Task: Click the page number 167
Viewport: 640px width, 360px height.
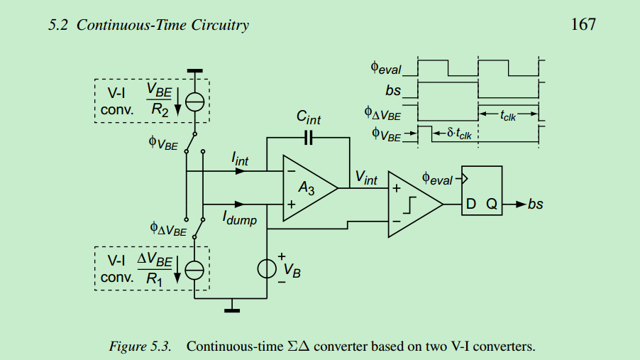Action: [583, 25]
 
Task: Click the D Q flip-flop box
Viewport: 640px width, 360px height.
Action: [482, 190]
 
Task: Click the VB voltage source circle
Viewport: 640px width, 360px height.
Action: [267, 268]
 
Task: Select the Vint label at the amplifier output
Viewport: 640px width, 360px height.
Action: [366, 178]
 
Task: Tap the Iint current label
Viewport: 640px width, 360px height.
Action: [240, 161]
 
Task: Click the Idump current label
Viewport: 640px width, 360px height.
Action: [240, 218]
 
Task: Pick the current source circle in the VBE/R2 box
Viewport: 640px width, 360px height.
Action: [194, 102]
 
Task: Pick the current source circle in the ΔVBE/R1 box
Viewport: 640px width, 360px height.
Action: [194, 270]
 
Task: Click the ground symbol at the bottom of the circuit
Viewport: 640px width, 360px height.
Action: [231, 308]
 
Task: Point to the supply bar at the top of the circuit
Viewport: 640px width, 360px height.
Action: [194, 71]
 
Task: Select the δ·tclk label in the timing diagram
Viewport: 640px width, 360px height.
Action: [459, 133]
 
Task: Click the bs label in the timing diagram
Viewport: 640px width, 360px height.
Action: [394, 91]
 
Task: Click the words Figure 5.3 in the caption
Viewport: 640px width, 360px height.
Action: [140, 347]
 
